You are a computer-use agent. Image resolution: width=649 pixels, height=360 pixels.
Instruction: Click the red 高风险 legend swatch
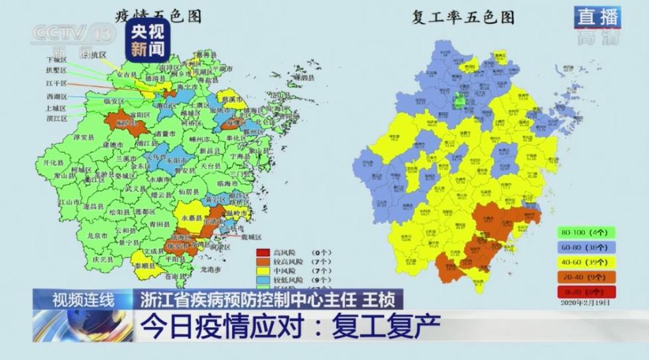click(x=263, y=253)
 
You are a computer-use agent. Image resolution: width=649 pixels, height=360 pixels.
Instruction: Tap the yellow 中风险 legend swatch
click(x=263, y=271)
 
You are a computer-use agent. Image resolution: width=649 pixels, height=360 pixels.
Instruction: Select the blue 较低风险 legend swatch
click(x=263, y=280)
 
